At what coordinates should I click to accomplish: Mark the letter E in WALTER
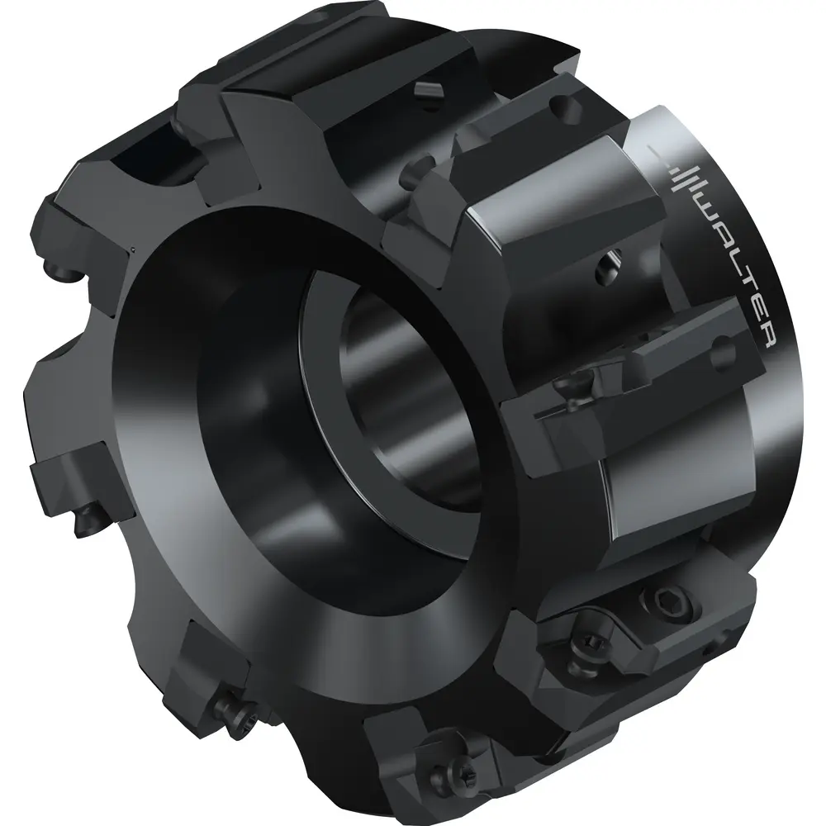tap(754, 312)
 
